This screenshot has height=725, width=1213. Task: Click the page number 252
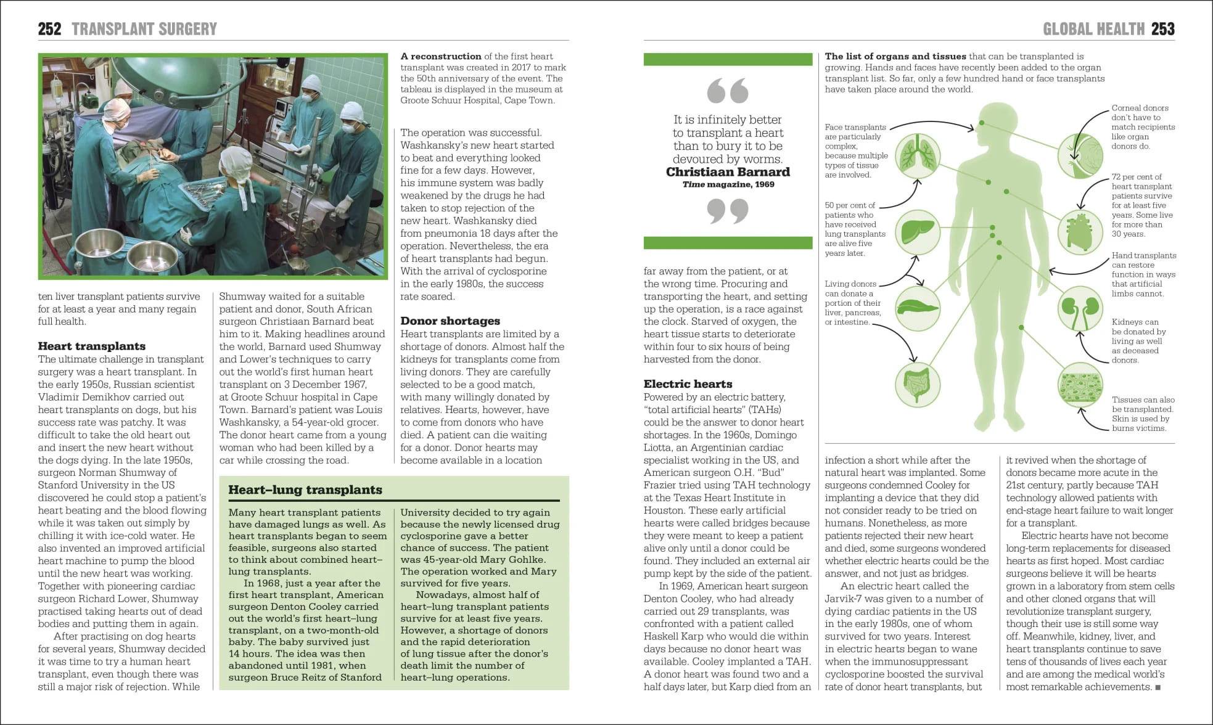(49, 29)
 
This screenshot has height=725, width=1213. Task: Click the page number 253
(1162, 29)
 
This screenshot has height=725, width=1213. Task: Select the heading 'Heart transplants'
(92, 346)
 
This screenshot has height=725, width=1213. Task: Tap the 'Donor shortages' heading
(450, 321)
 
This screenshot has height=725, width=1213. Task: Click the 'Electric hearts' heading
(688, 383)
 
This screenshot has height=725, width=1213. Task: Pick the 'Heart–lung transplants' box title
(305, 489)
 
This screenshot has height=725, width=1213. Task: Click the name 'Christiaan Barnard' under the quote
(728, 172)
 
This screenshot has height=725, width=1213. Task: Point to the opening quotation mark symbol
(728, 91)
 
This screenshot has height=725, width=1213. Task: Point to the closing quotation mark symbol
(728, 211)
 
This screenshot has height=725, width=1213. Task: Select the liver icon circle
(917, 232)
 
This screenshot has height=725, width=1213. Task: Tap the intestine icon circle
(917, 384)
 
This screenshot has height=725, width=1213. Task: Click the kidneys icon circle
(1080, 309)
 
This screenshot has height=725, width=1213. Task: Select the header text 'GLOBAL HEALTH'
(1093, 29)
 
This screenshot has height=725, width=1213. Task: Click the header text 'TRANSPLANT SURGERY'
(144, 29)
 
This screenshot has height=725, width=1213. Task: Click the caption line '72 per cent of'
(1137, 177)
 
